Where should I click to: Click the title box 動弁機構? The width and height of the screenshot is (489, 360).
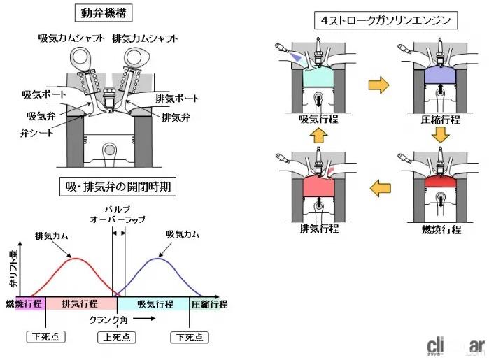[107, 14]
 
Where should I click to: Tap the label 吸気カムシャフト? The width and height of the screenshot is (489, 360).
[71, 38]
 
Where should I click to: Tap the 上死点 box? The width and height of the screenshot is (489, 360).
[116, 337]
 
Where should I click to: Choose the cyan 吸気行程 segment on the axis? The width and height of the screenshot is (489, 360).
[155, 304]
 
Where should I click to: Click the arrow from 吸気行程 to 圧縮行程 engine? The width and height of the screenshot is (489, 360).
[378, 86]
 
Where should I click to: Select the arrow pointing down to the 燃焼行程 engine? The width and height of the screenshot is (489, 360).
[439, 134]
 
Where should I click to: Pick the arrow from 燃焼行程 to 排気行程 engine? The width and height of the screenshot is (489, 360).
[378, 187]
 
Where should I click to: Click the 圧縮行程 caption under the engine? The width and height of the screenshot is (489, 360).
[440, 119]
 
